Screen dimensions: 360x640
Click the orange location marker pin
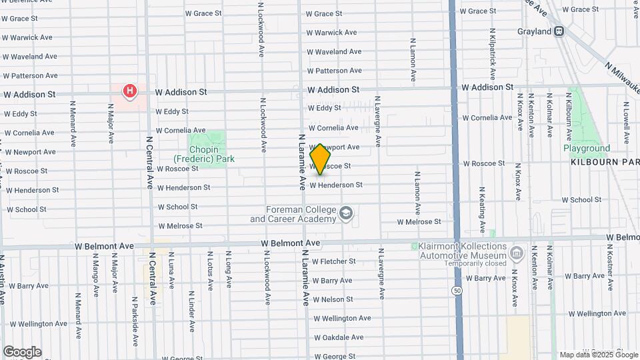(320, 159)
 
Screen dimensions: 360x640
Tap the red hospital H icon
(130, 90)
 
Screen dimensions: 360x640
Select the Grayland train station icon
(559, 31)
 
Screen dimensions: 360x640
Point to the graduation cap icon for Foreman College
(345, 214)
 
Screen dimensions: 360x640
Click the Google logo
(22, 352)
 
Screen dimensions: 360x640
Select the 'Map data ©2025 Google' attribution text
(598, 355)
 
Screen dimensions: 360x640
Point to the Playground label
(587, 148)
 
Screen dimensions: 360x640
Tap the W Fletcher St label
(333, 261)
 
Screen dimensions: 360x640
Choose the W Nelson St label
(332, 299)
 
